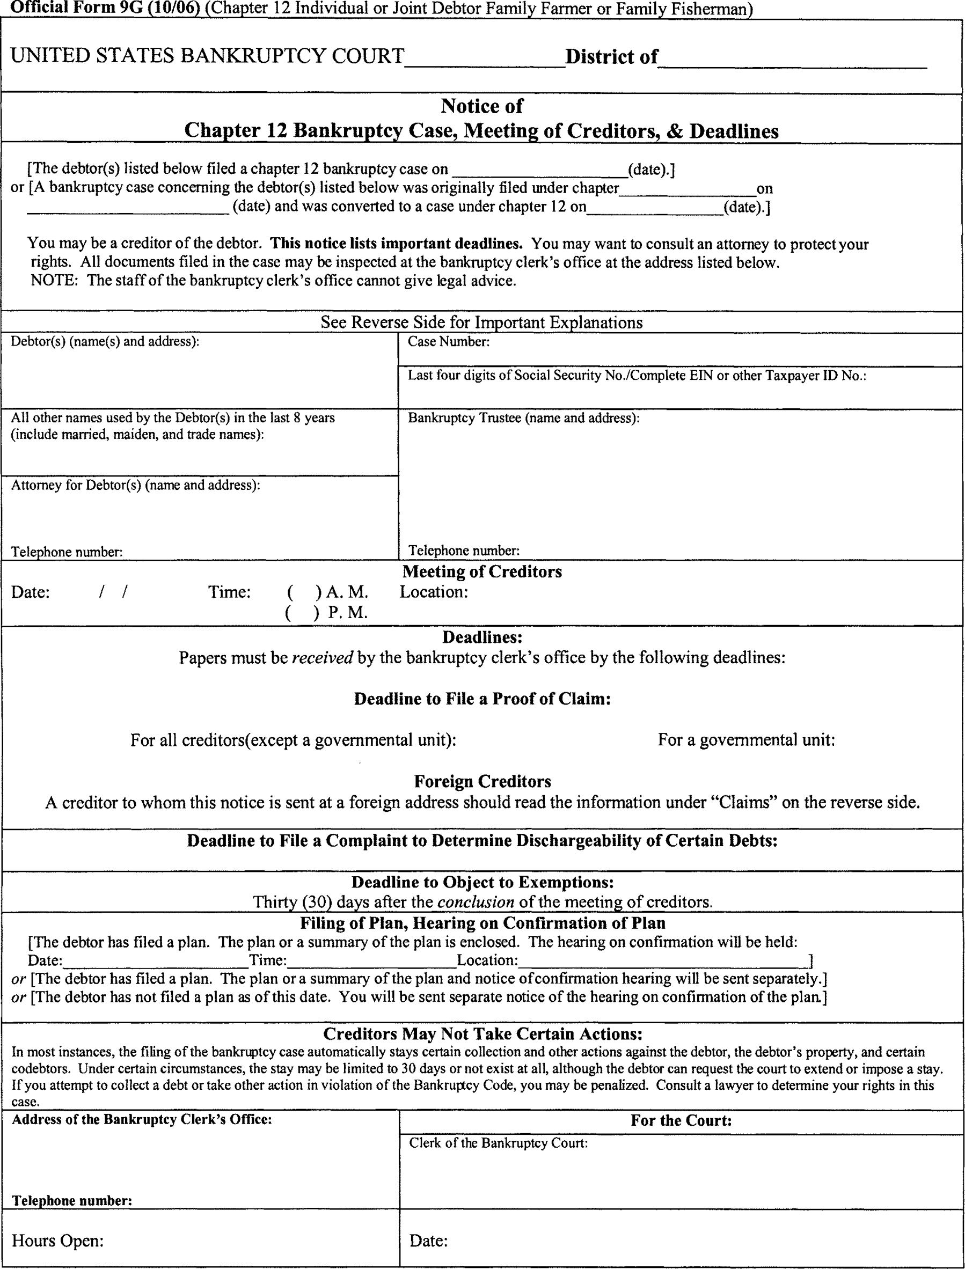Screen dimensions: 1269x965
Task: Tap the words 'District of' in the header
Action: coord(611,57)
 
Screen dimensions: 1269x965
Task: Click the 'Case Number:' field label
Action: coord(448,342)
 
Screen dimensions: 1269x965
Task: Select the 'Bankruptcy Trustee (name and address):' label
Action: coord(523,418)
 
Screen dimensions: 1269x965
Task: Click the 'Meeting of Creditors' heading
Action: coord(482,571)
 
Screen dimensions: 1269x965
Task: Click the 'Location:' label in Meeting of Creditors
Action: coord(434,592)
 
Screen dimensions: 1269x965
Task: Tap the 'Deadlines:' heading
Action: coord(482,637)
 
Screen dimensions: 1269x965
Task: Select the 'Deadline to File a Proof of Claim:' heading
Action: coord(482,699)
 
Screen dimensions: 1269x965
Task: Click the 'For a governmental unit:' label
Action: coord(746,740)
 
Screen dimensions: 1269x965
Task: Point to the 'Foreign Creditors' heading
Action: coord(482,781)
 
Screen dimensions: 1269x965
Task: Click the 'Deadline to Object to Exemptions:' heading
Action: coord(482,882)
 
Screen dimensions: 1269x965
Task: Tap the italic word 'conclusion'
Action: coord(475,902)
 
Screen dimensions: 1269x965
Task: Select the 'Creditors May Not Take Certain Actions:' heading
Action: coord(482,1033)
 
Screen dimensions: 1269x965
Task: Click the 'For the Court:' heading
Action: coord(681,1120)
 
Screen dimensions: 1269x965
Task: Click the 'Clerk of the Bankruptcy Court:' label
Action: coord(498,1143)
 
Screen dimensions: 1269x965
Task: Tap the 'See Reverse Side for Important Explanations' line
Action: coord(481,322)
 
